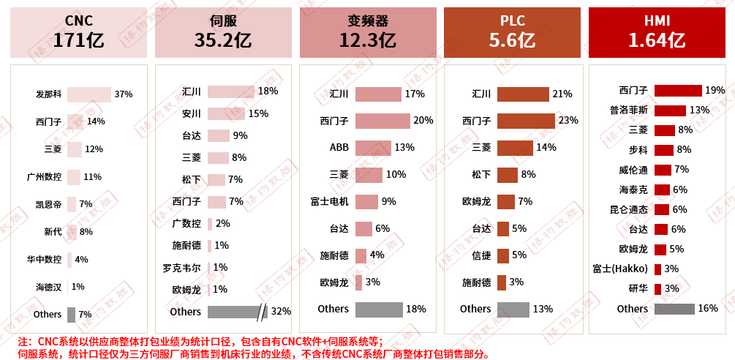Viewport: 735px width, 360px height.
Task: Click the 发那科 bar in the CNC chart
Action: click(x=88, y=94)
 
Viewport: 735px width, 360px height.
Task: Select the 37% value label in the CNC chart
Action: click(x=123, y=94)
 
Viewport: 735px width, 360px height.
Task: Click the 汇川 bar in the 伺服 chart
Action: click(x=230, y=92)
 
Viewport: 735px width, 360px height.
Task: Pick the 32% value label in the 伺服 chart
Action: click(x=281, y=312)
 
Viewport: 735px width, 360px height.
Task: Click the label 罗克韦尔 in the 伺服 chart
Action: click(x=182, y=268)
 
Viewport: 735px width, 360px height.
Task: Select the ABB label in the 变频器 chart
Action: click(x=339, y=147)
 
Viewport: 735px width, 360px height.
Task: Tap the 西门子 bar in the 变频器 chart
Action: click(x=382, y=121)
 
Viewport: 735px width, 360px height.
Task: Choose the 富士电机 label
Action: click(x=330, y=200)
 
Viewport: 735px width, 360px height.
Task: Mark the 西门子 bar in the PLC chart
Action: click(x=526, y=121)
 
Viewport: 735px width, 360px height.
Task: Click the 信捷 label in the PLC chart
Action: click(x=481, y=255)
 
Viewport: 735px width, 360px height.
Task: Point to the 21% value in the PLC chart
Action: click(x=562, y=94)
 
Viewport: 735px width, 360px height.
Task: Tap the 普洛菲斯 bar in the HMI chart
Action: click(x=670, y=110)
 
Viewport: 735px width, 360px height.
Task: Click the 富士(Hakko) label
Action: click(x=620, y=269)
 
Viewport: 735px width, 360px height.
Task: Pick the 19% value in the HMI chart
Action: click(x=715, y=91)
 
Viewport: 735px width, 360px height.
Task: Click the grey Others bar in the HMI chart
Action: click(x=674, y=309)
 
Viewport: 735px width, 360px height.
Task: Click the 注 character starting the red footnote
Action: click(x=23, y=342)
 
